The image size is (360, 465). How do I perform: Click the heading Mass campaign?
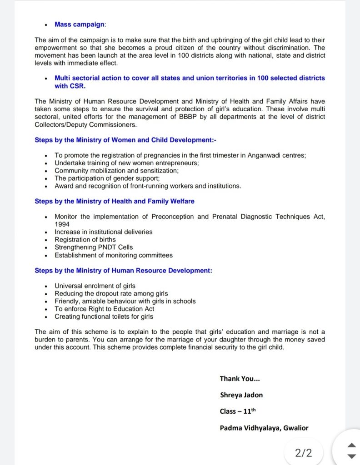pyautogui.click(x=80, y=25)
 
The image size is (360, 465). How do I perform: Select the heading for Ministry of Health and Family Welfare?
pyautogui.click(x=115, y=201)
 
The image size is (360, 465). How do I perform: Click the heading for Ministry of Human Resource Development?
pyautogui.click(x=123, y=271)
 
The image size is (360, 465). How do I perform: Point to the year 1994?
pyautogui.click(x=62, y=224)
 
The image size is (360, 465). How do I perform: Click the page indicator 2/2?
pyautogui.click(x=304, y=453)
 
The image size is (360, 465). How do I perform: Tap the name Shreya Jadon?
pyautogui.click(x=241, y=395)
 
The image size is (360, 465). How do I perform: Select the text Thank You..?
pyautogui.click(x=240, y=379)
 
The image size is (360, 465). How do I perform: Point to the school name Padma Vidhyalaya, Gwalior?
pyautogui.click(x=264, y=428)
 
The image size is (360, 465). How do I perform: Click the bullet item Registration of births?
pyautogui.click(x=85, y=240)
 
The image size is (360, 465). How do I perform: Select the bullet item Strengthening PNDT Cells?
pyautogui.click(x=94, y=247)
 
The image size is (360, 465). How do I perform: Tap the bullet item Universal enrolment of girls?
pyautogui.click(x=95, y=286)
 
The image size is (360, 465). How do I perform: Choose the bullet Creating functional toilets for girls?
pyautogui.click(x=104, y=317)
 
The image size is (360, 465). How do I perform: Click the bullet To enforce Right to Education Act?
pyautogui.click(x=105, y=309)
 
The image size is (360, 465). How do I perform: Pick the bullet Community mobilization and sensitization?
pyautogui.click(x=116, y=171)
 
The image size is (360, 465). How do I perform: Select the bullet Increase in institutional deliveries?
pyautogui.click(x=103, y=232)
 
